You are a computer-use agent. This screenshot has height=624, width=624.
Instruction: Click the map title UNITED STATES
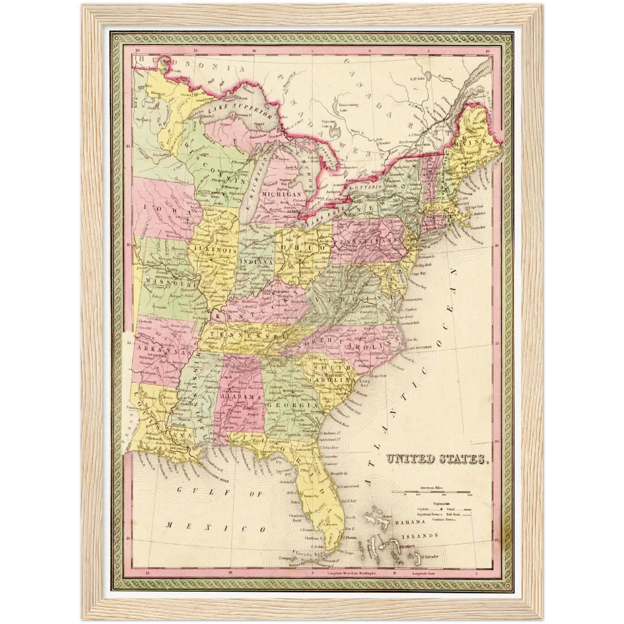coord(437,459)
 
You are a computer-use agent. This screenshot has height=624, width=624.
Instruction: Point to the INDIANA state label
coord(256,262)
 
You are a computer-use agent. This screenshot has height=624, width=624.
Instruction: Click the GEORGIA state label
coord(294,406)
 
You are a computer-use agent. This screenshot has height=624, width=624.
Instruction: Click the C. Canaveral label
coord(348,486)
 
